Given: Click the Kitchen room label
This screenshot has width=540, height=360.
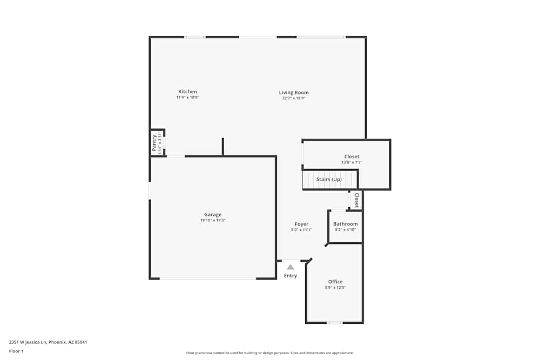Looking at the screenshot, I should (187, 92).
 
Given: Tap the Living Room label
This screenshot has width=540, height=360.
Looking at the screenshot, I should (294, 92).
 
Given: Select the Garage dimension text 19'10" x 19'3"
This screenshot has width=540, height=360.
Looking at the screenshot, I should (212, 220).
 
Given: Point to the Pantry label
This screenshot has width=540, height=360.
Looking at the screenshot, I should (154, 143).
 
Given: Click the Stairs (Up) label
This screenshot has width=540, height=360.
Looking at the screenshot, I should (329, 179).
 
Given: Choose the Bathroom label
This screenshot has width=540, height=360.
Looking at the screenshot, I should (345, 224).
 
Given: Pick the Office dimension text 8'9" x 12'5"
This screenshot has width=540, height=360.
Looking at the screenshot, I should (335, 288).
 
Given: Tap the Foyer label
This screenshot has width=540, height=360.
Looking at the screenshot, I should (301, 224).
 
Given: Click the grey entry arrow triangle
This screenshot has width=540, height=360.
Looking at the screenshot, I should (291, 267).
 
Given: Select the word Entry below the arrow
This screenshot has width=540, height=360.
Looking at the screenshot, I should (291, 276).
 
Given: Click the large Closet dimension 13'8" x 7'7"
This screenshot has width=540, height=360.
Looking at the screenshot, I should (352, 162).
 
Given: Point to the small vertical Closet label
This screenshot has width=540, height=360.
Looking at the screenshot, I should (356, 200).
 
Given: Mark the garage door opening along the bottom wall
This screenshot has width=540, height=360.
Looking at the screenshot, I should (208, 279).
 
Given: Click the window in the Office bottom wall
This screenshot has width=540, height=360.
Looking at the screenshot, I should (335, 323).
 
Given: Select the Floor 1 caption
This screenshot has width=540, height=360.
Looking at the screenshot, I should (16, 351).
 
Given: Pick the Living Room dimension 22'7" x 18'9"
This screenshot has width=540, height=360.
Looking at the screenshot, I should (294, 98).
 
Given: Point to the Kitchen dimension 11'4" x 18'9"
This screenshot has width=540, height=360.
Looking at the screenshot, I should (187, 98).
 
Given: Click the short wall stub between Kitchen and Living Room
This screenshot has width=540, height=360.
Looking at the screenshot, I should (222, 147).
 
